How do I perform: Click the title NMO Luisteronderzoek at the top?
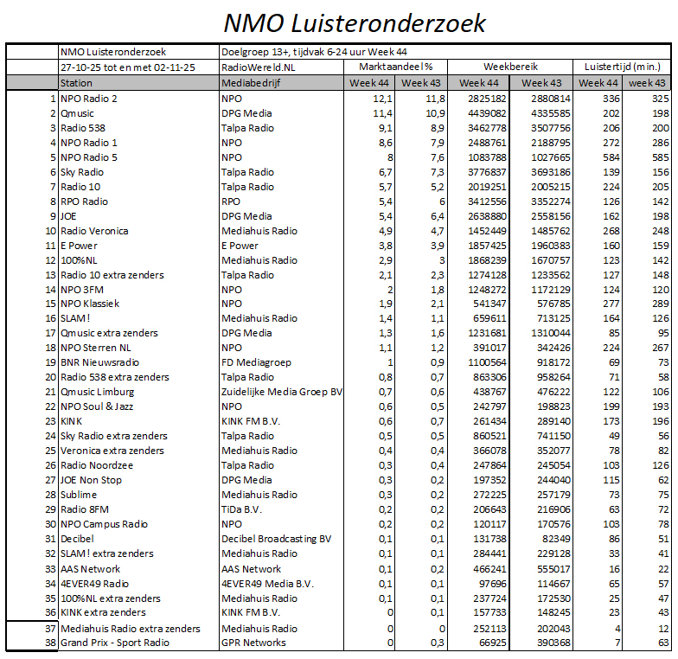(x=355, y=22)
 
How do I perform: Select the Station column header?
(x=77, y=83)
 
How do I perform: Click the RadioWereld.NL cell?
(x=259, y=66)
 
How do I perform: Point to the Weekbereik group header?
(x=510, y=66)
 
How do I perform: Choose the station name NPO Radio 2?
(x=89, y=99)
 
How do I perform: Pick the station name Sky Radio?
(x=82, y=172)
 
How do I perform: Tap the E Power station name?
(x=80, y=246)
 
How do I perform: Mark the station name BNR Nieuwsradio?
(x=99, y=362)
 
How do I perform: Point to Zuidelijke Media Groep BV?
(x=282, y=392)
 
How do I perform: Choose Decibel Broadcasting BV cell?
(x=277, y=539)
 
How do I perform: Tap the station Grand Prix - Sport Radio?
(x=114, y=643)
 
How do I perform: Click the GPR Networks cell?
(x=253, y=643)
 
